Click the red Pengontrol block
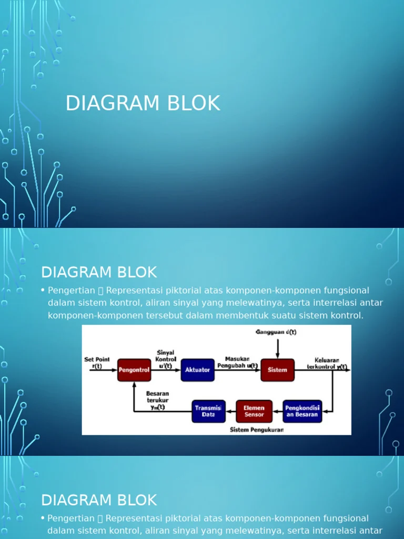click(134, 370)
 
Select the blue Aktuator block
click(198, 370)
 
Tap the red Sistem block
click(277, 370)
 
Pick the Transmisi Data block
click(208, 411)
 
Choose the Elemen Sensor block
click(254, 411)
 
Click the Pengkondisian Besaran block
click(302, 411)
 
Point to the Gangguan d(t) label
click(276, 332)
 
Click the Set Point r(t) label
click(97, 363)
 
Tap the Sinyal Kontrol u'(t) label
click(166, 359)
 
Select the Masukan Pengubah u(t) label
click(237, 362)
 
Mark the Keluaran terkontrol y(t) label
click(327, 363)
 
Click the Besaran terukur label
click(157, 400)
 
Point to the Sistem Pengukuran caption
click(257, 430)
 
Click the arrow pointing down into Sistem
click(278, 348)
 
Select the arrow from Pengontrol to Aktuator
click(166, 370)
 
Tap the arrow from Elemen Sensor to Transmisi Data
click(231, 411)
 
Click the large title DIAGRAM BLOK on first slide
click(143, 103)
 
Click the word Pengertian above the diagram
click(72, 291)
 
